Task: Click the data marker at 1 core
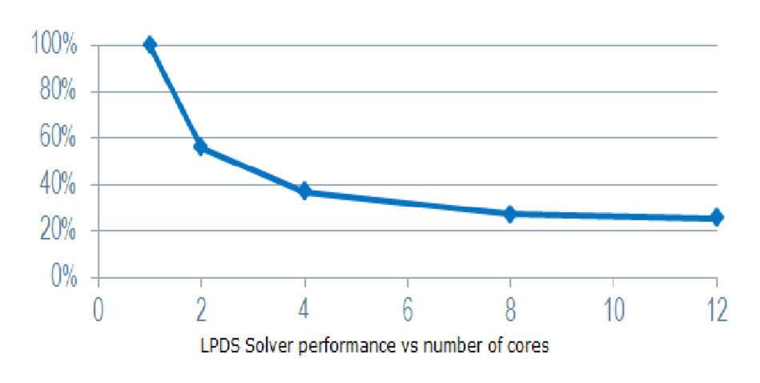pyautogui.click(x=150, y=45)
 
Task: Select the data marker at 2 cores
pyautogui.click(x=201, y=147)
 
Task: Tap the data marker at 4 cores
pyautogui.click(x=304, y=191)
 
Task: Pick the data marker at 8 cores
pyautogui.click(x=510, y=214)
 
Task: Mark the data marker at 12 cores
pyautogui.click(x=716, y=217)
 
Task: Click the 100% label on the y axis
pyautogui.click(x=54, y=45)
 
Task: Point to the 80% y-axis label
pyautogui.click(x=58, y=91)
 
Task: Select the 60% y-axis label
pyautogui.click(x=58, y=138)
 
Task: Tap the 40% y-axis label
pyautogui.click(x=58, y=184)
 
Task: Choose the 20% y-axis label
pyautogui.click(x=58, y=231)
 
